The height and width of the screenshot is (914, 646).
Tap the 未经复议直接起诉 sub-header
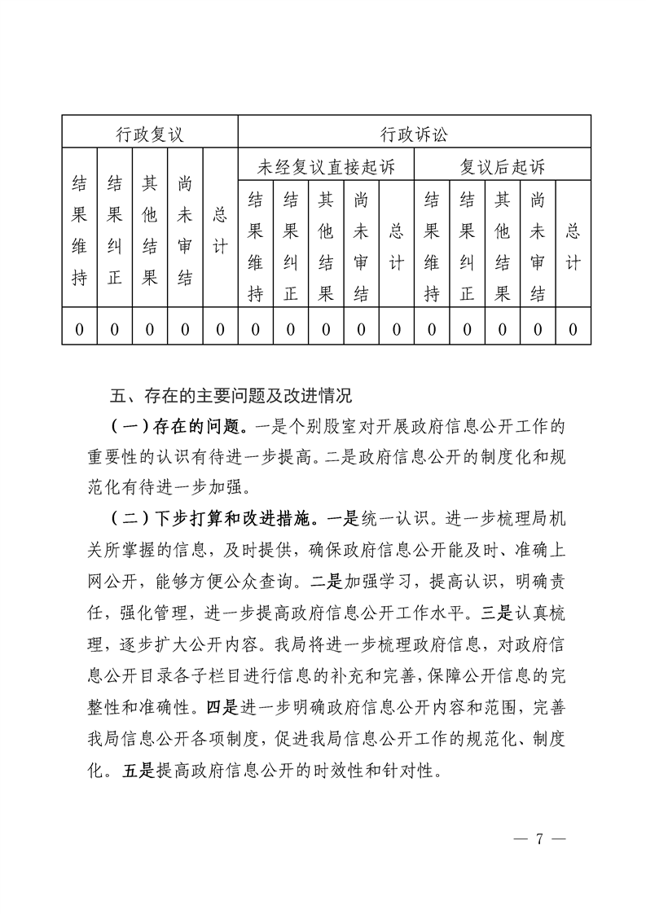(x=326, y=168)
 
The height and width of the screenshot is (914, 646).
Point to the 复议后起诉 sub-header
(x=502, y=168)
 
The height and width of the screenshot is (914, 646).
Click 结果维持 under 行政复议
(x=80, y=230)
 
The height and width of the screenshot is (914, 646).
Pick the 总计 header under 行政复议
(x=220, y=230)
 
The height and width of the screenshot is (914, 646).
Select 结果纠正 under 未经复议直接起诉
(x=290, y=246)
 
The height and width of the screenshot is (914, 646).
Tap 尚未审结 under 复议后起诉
(x=537, y=246)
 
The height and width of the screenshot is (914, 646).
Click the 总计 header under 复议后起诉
(x=573, y=246)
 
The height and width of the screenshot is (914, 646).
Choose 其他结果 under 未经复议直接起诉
(x=326, y=246)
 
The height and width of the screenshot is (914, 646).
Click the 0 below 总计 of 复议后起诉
(x=573, y=329)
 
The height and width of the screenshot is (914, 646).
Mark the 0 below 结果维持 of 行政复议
(x=80, y=329)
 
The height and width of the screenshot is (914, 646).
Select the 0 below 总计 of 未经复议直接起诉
(x=397, y=329)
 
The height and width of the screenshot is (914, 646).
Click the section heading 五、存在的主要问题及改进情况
(x=231, y=398)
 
